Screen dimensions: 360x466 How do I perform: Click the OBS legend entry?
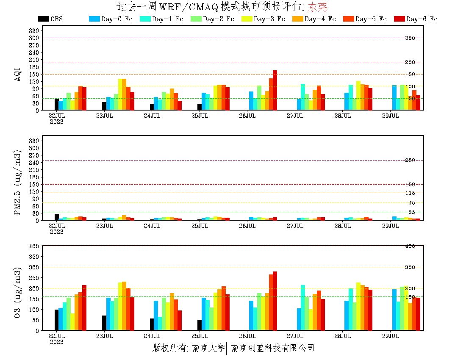point(50,19)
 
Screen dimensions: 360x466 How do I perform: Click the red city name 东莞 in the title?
point(317,7)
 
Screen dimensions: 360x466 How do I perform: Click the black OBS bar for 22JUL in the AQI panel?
point(57,104)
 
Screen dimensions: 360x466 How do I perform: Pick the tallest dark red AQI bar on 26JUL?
point(275,90)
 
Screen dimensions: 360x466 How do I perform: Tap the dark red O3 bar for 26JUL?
point(275,301)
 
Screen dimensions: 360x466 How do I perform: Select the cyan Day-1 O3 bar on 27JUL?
point(303,307)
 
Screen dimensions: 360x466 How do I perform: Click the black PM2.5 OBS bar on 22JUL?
point(57,217)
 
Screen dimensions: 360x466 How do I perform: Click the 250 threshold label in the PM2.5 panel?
point(410,160)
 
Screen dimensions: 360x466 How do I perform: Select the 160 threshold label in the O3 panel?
point(410,297)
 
